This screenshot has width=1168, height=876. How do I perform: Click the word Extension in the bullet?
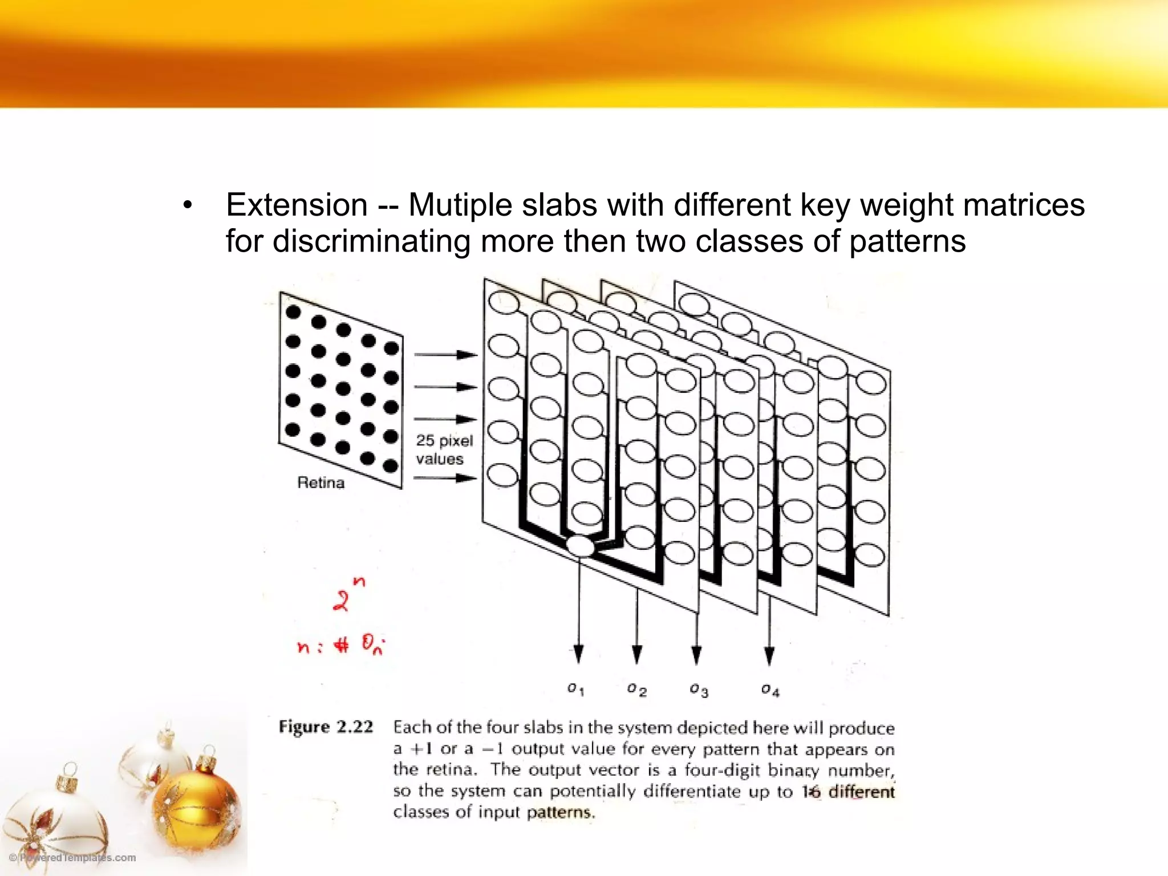(x=297, y=205)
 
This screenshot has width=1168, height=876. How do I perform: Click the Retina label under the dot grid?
(x=321, y=483)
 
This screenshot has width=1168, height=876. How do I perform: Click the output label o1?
(x=575, y=690)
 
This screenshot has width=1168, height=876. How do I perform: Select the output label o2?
(x=636, y=690)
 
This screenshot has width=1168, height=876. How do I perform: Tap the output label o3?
(x=699, y=690)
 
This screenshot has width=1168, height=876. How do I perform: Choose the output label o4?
(x=770, y=690)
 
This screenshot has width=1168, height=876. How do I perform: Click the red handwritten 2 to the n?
(x=347, y=595)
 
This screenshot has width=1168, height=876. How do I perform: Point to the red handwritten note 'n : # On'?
(x=341, y=646)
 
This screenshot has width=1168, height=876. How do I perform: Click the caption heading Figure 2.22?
(x=326, y=727)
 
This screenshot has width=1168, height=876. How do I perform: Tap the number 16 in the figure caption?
(x=811, y=792)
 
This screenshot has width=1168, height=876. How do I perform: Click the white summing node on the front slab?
(x=581, y=546)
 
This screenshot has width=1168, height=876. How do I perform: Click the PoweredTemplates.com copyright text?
(x=72, y=858)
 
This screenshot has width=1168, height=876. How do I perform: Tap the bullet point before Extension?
(x=188, y=206)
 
